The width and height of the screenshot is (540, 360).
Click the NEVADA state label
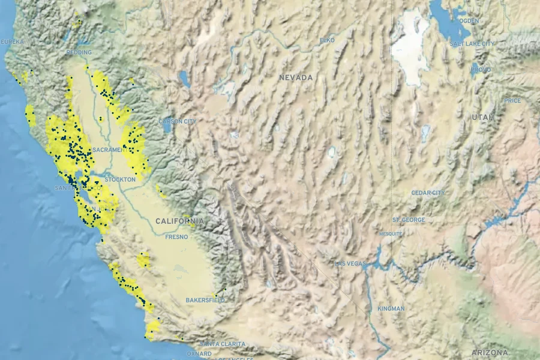[x=296, y=77]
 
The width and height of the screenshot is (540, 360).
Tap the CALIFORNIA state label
[x=179, y=221]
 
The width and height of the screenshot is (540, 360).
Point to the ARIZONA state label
[x=489, y=352]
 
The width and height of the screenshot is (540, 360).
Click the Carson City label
[x=178, y=121]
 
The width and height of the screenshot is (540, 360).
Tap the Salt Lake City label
[x=472, y=44]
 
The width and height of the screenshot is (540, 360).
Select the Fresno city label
[x=177, y=237]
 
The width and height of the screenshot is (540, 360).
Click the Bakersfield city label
[x=205, y=299]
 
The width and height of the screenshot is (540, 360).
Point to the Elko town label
[x=327, y=40]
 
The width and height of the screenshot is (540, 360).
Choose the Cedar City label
[x=428, y=193]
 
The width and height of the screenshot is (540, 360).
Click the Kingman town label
[x=391, y=308]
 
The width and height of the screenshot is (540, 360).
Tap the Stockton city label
[x=120, y=179]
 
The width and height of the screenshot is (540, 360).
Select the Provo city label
[x=481, y=70]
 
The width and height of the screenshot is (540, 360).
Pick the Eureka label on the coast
[x=13, y=41]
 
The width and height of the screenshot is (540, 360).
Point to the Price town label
[x=512, y=100]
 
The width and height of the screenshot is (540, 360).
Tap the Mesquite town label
[x=391, y=234]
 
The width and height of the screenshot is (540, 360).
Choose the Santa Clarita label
[x=223, y=344]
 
